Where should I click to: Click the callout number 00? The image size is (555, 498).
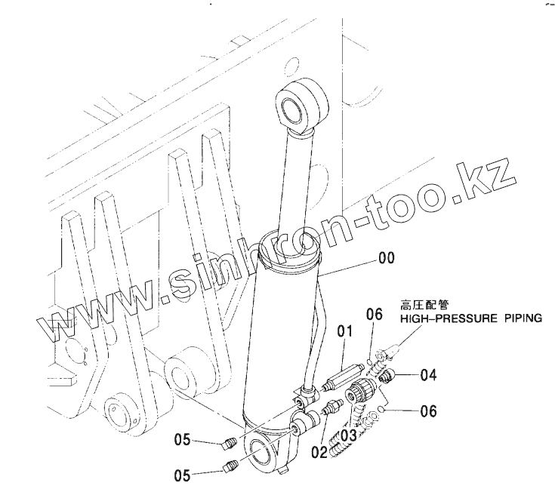386,259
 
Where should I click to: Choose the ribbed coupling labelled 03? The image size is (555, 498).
362,392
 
